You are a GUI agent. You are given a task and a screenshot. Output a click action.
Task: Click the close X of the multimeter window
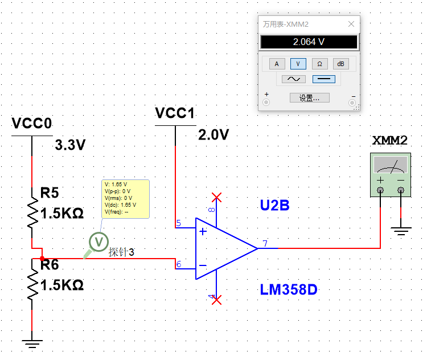[351, 24]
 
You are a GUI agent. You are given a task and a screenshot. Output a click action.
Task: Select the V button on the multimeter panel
[298, 64]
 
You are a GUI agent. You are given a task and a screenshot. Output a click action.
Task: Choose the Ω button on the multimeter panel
[319, 64]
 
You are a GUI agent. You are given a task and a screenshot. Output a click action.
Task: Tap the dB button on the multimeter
[341, 64]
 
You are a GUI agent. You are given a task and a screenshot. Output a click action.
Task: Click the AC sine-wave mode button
[294, 79]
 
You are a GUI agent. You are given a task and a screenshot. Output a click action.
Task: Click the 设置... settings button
[309, 98]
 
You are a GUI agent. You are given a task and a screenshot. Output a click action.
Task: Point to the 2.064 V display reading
[309, 42]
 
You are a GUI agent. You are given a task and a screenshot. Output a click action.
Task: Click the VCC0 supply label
[32, 124]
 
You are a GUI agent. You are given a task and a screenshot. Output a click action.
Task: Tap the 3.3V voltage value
[70, 145]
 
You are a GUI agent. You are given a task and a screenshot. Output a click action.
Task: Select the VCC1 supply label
[175, 113]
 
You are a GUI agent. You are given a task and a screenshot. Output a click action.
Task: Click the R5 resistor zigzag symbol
[33, 214]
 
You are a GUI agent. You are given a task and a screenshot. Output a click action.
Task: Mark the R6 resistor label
[50, 265]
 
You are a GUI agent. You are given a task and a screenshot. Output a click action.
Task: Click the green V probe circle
[99, 242]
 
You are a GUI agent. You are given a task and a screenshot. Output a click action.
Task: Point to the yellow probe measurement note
[125, 198]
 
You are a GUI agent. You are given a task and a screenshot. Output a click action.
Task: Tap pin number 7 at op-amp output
[265, 244]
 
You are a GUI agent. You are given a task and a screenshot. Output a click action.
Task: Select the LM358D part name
[289, 290]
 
